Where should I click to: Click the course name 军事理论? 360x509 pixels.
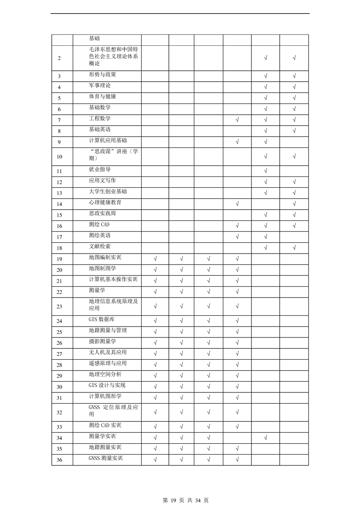(x=99, y=85)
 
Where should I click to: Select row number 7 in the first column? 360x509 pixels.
(x=59, y=120)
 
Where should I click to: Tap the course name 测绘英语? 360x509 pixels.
(x=99, y=235)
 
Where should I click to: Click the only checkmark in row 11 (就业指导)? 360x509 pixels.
(x=265, y=171)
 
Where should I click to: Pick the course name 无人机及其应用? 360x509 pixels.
(x=108, y=352)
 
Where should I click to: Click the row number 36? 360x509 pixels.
(x=59, y=460)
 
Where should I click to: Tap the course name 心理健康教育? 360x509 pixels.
(x=105, y=202)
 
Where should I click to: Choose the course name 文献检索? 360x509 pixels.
(x=99, y=246)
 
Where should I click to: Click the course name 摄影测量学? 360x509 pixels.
(x=102, y=342)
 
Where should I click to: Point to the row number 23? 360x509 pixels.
(x=59, y=307)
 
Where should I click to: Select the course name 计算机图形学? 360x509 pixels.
(x=105, y=396)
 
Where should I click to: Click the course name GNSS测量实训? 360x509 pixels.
(x=105, y=458)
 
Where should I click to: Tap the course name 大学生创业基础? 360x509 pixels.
(x=108, y=191)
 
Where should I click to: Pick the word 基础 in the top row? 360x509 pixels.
(x=94, y=39)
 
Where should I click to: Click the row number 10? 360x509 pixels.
(x=59, y=157)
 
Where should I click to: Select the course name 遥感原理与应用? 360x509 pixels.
(x=108, y=363)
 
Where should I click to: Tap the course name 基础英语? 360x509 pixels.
(x=99, y=129)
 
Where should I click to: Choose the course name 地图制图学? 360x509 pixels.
(x=102, y=269)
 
